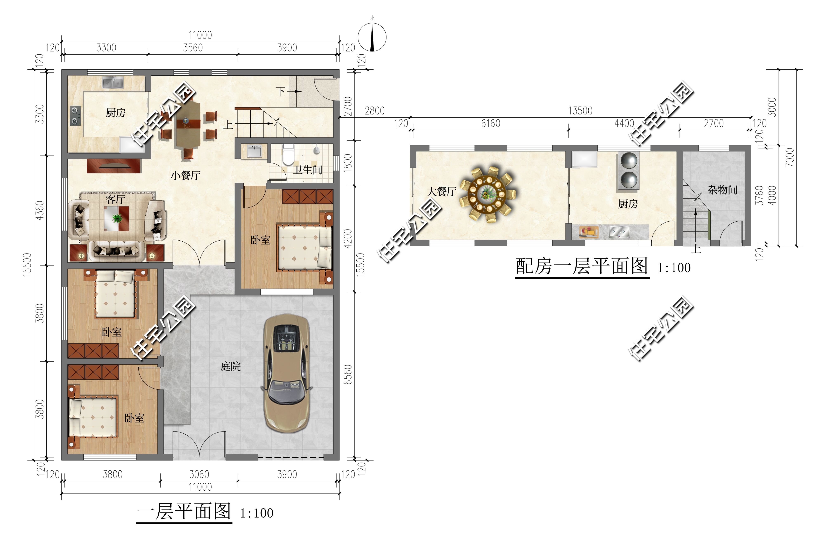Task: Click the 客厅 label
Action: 115,199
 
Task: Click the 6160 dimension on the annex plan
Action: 491,123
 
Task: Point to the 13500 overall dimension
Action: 580,111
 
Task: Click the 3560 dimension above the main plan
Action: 193,48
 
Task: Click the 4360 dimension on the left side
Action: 40,210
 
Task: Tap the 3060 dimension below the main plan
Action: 199,474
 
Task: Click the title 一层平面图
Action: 184,512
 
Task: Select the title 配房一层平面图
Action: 582,266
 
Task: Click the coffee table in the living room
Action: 117,218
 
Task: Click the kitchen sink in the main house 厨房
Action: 113,83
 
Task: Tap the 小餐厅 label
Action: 185,175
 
